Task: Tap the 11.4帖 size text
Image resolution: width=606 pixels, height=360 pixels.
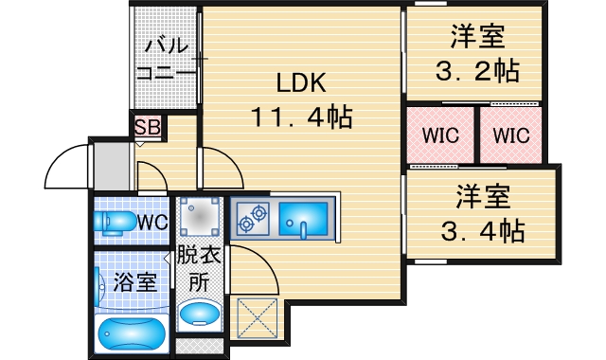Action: [301, 117]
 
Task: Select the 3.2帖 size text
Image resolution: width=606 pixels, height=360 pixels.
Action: [475, 71]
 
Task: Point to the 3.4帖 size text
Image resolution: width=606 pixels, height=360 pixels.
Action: [483, 230]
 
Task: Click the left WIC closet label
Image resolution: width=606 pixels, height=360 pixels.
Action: [440, 135]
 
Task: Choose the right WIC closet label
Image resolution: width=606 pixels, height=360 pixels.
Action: [509, 135]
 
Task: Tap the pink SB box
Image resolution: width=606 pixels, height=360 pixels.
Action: [146, 126]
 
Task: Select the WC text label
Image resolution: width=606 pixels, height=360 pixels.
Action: [153, 222]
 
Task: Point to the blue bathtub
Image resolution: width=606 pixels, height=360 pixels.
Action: [133, 333]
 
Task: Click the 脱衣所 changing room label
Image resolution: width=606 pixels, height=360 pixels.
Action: [199, 269]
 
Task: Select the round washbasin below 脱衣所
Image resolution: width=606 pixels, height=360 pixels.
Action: [200, 315]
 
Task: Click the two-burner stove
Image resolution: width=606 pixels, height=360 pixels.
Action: [253, 221]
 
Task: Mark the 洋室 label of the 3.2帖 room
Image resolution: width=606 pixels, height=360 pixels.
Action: [476, 38]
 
